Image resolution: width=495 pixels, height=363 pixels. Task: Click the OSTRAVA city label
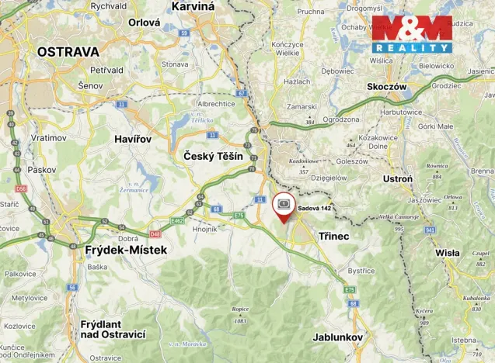[68, 52]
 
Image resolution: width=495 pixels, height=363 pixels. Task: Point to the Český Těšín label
[213, 156]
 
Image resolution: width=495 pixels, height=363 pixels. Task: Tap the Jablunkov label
[340, 337]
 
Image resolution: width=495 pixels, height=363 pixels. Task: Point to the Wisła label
[447, 253]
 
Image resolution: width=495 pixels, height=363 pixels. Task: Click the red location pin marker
[284, 207]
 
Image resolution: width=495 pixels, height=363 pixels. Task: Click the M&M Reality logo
[411, 33]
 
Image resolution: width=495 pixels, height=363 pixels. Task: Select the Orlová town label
[144, 23]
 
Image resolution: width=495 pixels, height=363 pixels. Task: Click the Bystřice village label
[361, 271]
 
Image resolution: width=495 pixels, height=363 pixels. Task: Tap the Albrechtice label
[215, 103]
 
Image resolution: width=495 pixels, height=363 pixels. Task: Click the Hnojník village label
[205, 230]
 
